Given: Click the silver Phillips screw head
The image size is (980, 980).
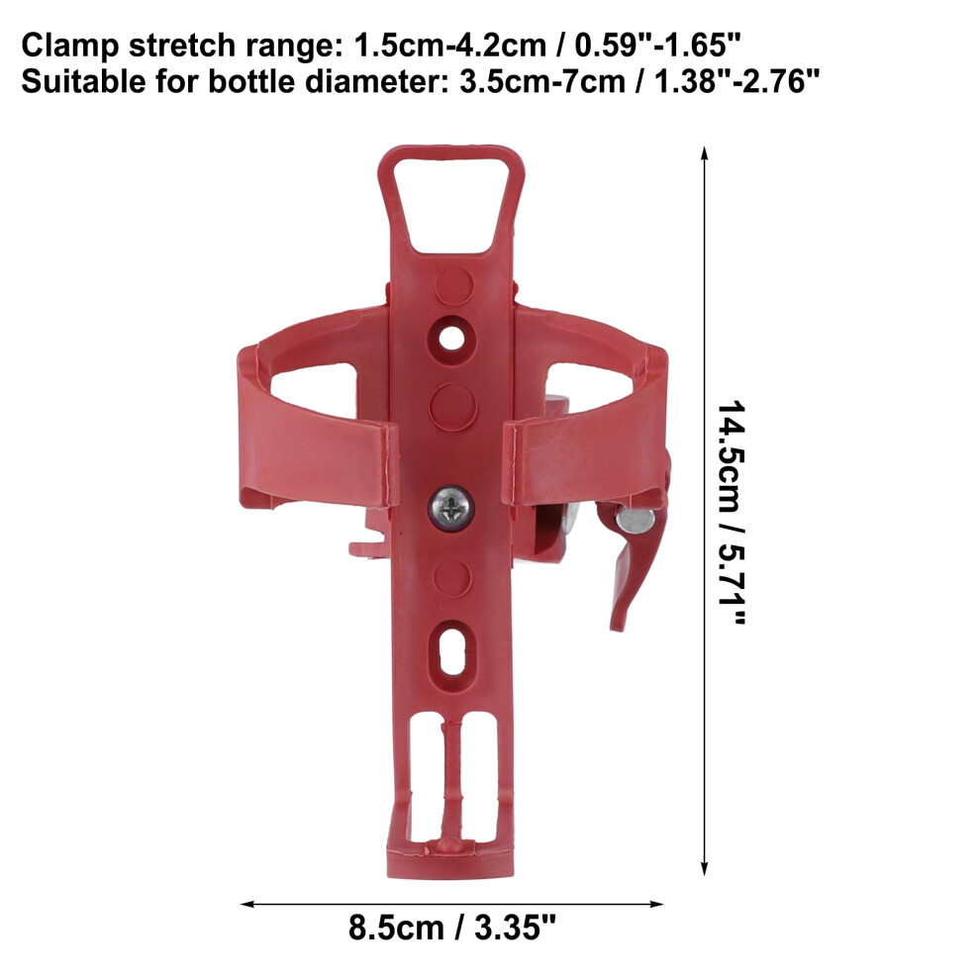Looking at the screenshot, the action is tap(450, 508).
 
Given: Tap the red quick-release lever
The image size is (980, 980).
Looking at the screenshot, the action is tap(632, 562).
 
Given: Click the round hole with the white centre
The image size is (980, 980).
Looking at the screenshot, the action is tap(451, 339).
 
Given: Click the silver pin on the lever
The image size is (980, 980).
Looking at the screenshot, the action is tap(636, 521).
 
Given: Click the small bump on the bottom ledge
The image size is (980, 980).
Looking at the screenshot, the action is tap(450, 844).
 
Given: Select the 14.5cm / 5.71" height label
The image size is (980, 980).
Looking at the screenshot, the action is tap(732, 512).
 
